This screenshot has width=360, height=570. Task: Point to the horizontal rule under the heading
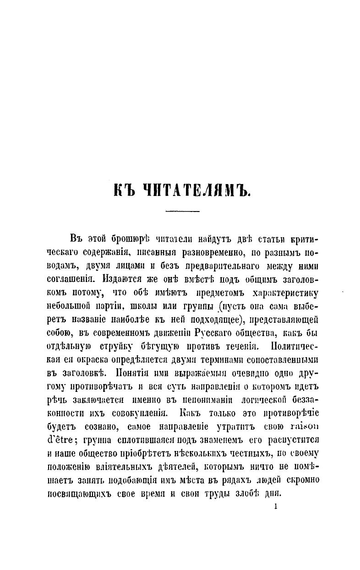[x=182, y=211]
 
